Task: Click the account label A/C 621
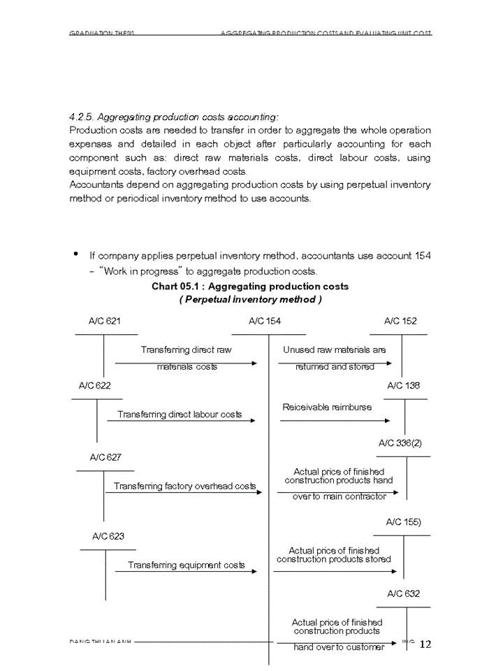tap(104, 322)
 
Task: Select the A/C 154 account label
tap(265, 322)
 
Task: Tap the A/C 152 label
tap(400, 322)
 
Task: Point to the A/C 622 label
tap(94, 386)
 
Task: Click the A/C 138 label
tap(403, 386)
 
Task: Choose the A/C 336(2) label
tap(400, 443)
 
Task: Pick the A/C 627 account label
tap(105, 458)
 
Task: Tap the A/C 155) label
tap(403, 522)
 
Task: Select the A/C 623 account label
tap(108, 537)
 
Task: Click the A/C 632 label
tap(404, 594)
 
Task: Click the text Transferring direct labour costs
tap(180, 414)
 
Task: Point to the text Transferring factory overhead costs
tap(185, 486)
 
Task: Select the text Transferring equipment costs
tap(186, 565)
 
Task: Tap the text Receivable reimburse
tap(327, 407)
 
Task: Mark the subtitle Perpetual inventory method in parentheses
tap(250, 299)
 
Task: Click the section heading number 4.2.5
tap(82, 117)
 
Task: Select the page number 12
tap(425, 644)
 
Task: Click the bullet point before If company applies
tap(75, 254)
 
